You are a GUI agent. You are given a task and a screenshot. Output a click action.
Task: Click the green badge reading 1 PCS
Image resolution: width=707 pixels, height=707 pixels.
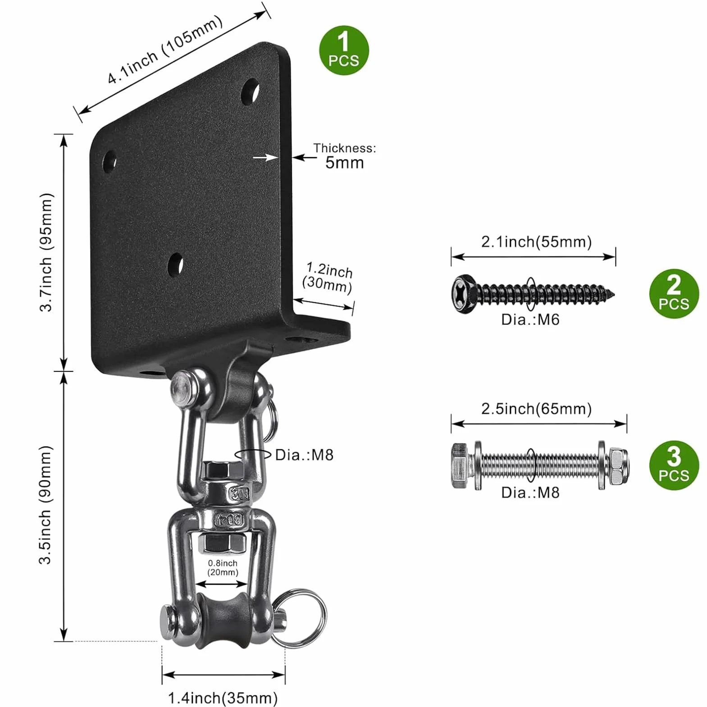(x=344, y=50)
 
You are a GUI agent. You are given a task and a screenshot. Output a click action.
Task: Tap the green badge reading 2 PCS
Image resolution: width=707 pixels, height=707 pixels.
(x=674, y=294)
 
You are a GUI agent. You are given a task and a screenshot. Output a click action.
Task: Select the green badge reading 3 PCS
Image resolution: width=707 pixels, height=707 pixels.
(x=674, y=465)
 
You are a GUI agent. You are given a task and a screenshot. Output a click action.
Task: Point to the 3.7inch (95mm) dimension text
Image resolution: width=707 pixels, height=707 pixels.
(x=46, y=252)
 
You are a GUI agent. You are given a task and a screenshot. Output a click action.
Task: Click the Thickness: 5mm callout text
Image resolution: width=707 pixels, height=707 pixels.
(x=345, y=156)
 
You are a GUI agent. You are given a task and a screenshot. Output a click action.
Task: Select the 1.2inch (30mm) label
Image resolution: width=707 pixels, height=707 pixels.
(x=328, y=278)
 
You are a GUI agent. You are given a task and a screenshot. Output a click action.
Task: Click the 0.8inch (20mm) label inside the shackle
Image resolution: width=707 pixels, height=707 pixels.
(x=223, y=567)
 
